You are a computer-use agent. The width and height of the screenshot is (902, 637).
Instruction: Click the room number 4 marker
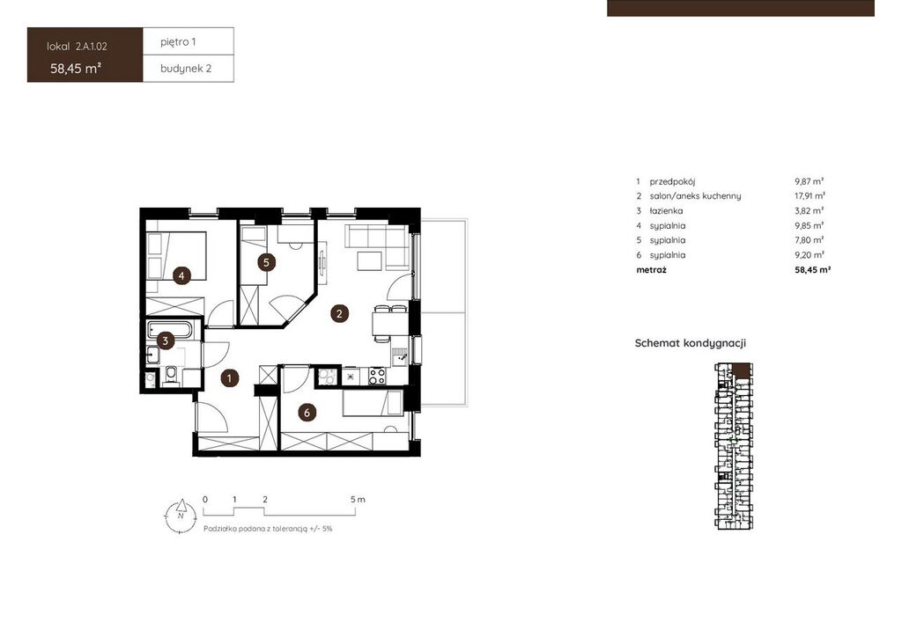coord(181,275)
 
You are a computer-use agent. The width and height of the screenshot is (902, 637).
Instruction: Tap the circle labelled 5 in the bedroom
coord(266,262)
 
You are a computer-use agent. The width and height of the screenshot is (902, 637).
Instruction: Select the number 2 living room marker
coord(339,313)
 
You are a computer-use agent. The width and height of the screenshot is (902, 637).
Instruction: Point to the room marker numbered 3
coord(165,340)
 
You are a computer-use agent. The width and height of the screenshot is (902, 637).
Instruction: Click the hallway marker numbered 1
coord(230,378)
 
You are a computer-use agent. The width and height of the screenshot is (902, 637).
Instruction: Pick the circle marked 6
coord(307,413)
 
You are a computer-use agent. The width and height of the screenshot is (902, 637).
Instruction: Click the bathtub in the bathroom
coord(170,329)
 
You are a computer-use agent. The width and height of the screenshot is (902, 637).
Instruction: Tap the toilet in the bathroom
coord(171,376)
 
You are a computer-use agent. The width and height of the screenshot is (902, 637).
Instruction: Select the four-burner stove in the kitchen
coord(377,376)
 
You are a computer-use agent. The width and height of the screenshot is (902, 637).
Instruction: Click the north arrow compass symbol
coord(180,516)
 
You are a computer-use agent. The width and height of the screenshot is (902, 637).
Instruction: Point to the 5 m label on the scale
coord(358,499)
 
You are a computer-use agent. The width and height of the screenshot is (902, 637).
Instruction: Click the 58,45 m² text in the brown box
coord(76,69)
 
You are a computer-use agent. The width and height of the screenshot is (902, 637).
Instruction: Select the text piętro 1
coord(178,42)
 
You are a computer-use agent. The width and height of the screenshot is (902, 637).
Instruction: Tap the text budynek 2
coord(186,69)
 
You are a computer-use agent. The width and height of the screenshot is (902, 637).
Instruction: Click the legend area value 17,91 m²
coord(810,196)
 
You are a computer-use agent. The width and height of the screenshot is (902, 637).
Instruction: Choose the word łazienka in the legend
coord(666,211)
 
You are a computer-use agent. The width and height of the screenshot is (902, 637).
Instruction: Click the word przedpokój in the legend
coord(672,181)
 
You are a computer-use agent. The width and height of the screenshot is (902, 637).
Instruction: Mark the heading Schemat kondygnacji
coord(691,343)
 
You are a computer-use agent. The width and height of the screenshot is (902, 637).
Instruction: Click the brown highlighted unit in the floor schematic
coord(742,370)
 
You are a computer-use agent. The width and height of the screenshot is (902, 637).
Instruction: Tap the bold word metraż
coord(652,269)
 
